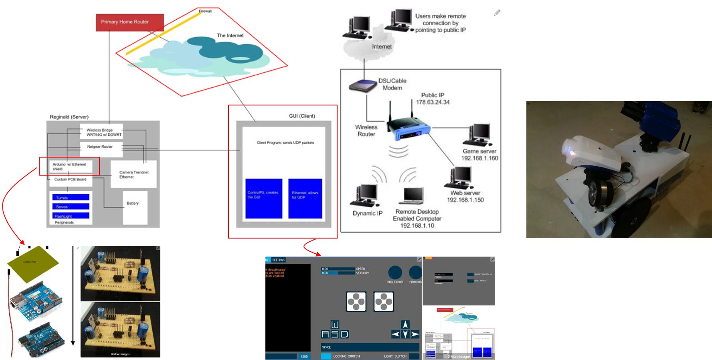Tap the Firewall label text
pos(205,11)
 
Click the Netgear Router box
pos(100,147)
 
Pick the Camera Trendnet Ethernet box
pos(133,174)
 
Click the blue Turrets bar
pos(71,198)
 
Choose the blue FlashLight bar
pos(71,216)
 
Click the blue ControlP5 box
pos(263,198)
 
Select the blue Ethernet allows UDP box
pos(305,198)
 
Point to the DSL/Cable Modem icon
pos(363,86)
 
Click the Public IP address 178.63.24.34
pos(433,102)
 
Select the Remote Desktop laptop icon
pos(413,196)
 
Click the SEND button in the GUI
pos(304,356)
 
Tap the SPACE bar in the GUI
pos(370,347)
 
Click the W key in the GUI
pos(335,324)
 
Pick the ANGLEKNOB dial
pos(395,273)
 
